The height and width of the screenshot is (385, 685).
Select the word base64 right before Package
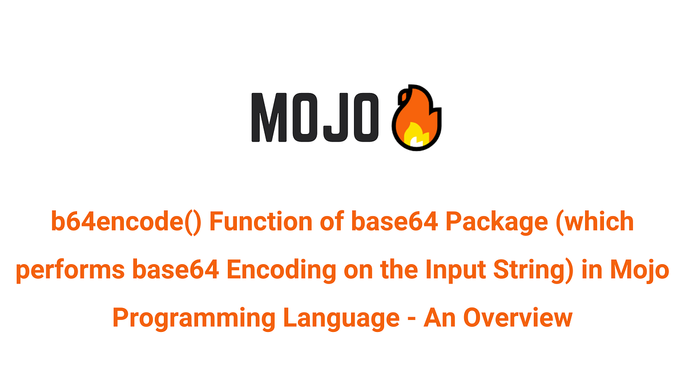tap(396, 222)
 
